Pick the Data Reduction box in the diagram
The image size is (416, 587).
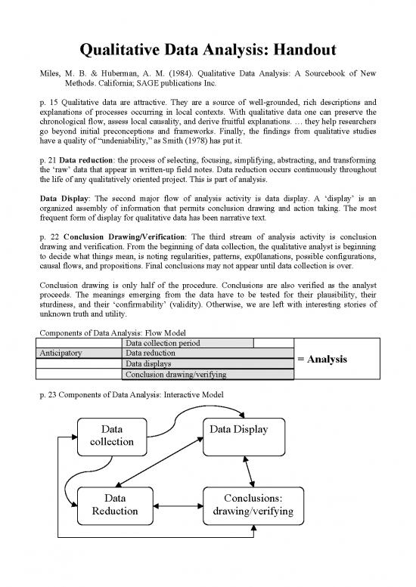click(116, 505)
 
